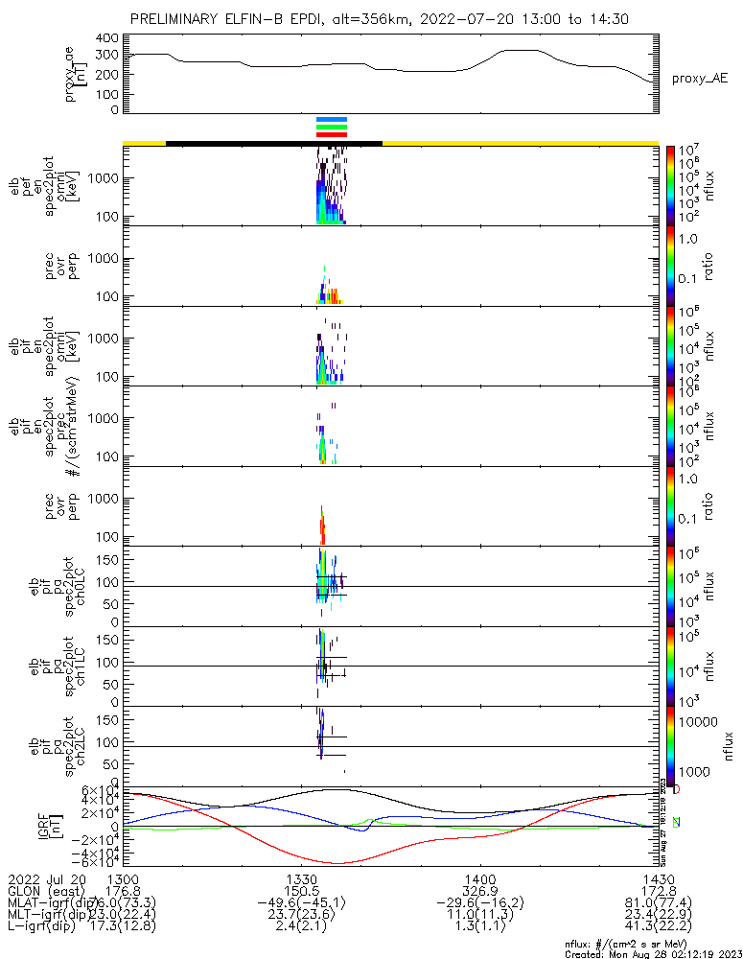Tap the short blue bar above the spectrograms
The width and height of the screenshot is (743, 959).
332,119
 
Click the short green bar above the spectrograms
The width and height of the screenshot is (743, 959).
332,127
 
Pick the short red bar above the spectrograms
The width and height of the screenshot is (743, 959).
332,134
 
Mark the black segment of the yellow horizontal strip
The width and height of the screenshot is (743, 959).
274,143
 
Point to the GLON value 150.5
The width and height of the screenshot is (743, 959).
301,892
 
